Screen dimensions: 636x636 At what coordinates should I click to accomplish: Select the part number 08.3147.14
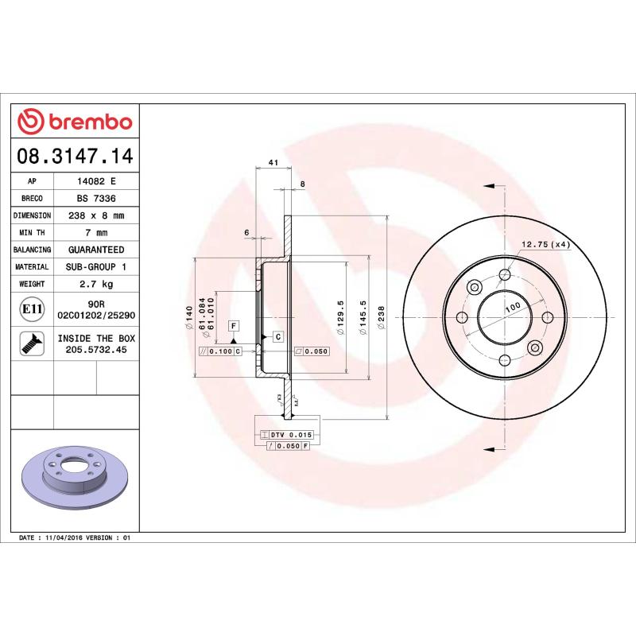tap(75, 156)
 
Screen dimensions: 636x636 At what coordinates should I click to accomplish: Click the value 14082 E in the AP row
tap(96, 181)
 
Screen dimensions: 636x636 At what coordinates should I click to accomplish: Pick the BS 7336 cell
tap(96, 198)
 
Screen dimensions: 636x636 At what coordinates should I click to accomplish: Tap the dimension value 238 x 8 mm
tap(96, 215)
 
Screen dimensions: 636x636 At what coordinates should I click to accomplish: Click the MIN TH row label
tap(33, 233)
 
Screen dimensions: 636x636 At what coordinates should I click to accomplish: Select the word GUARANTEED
tap(96, 250)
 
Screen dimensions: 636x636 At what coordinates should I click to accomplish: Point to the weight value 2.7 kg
tap(96, 284)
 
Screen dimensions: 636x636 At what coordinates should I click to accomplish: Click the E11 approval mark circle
tap(33, 309)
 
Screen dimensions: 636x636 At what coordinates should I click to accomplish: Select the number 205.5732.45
tap(96, 349)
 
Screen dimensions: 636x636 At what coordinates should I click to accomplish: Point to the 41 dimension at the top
tap(273, 162)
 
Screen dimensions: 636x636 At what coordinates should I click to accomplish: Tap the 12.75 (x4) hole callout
tap(546, 244)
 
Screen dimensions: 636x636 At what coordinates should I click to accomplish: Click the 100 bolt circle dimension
tap(512, 306)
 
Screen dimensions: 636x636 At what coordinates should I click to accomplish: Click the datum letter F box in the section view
tap(235, 326)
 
